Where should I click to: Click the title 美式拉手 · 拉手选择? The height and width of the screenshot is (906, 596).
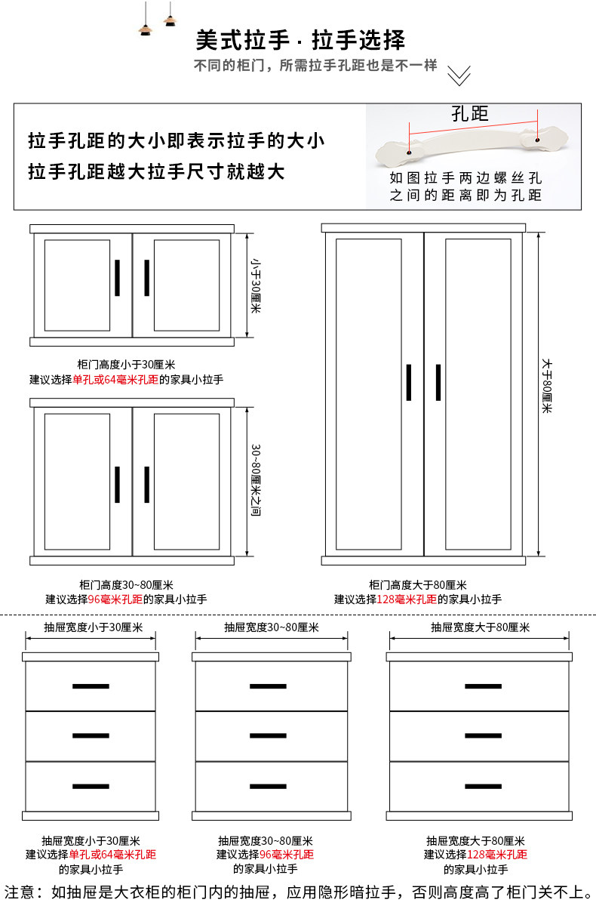pos(300,40)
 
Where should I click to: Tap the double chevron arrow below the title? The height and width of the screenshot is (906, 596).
pos(459,75)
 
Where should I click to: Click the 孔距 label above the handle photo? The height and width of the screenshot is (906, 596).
pos(470,114)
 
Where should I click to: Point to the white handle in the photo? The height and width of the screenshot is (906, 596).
pos(472,146)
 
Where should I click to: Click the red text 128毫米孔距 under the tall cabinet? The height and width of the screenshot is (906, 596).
pos(406,599)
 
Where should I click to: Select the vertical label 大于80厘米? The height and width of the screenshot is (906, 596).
pos(547,385)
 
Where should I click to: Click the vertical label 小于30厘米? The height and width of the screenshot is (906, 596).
pos(255,287)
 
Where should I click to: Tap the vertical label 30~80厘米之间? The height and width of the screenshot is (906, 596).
pos(255,481)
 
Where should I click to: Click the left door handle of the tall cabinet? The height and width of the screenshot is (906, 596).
pos(408,383)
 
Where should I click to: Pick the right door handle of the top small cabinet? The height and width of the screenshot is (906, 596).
pos(146,278)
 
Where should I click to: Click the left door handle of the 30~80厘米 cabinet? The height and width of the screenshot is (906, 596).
pos(118,484)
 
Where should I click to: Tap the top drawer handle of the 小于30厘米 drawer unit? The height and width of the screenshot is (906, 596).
pos(91,686)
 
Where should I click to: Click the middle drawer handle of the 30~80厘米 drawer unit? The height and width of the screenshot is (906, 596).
pos(268,735)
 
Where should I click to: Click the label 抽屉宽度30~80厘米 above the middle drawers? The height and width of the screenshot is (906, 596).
pos(271,627)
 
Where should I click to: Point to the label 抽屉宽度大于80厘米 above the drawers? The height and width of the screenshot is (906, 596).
pos(480,627)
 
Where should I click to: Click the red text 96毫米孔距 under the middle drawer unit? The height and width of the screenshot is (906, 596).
pos(287,854)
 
